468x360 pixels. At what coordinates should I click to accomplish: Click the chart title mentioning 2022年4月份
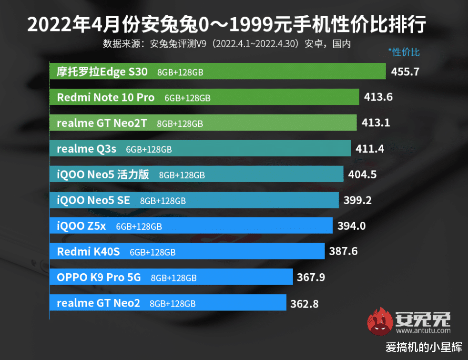(x=227, y=24)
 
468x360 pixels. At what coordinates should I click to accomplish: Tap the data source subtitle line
(x=227, y=44)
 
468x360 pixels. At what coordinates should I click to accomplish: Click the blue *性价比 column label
(x=404, y=52)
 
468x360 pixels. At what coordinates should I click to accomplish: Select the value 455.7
(x=405, y=72)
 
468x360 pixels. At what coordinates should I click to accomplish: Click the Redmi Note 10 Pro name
(x=105, y=97)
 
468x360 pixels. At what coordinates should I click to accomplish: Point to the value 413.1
(x=376, y=123)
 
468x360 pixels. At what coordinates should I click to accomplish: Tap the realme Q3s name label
(x=86, y=149)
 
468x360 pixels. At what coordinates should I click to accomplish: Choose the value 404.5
(x=362, y=175)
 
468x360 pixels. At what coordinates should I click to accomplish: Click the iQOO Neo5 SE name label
(x=93, y=200)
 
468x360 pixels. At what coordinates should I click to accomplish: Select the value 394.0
(x=351, y=226)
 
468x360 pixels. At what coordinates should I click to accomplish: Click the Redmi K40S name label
(x=88, y=252)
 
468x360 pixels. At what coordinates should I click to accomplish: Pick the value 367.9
(x=311, y=277)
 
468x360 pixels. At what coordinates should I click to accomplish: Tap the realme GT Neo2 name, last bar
(x=98, y=303)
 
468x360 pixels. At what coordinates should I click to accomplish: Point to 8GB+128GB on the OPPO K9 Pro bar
(x=173, y=278)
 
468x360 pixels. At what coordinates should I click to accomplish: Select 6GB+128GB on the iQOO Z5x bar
(x=139, y=226)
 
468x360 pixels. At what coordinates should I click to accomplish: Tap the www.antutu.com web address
(x=423, y=330)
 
